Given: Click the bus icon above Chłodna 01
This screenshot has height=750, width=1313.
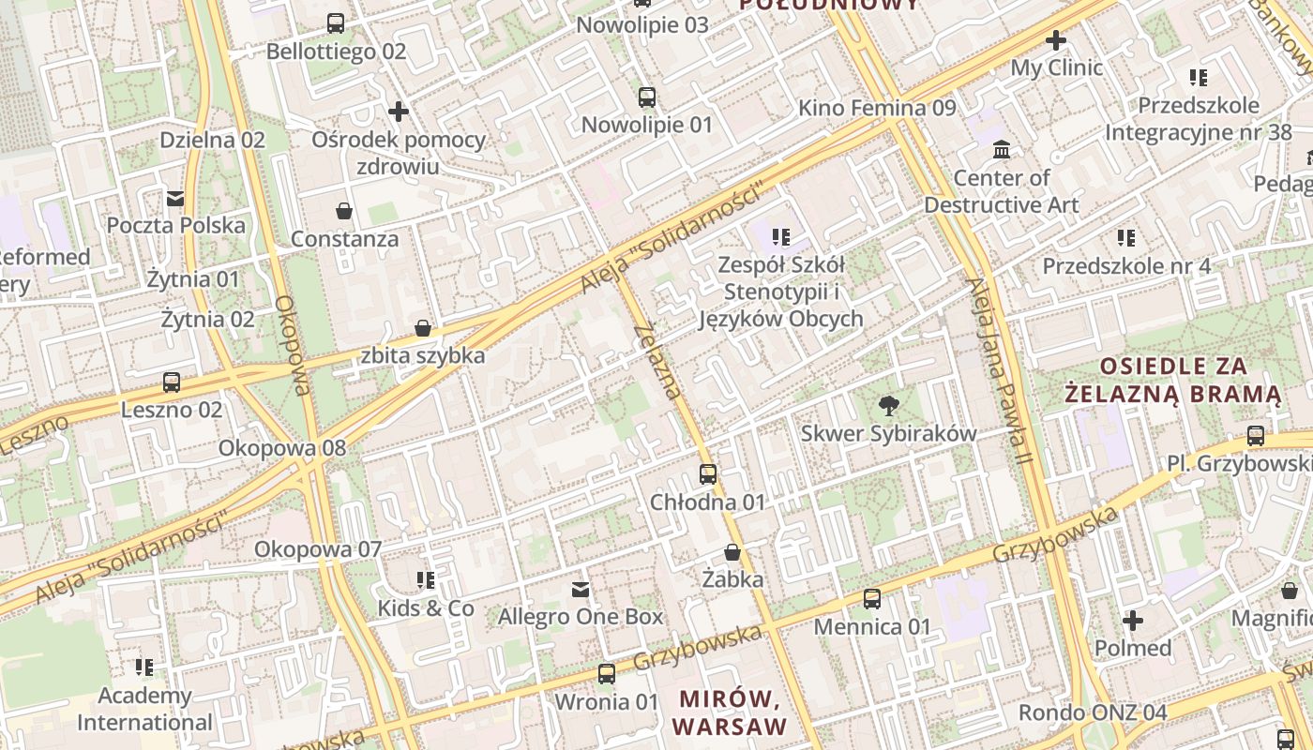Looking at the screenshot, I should [708, 474].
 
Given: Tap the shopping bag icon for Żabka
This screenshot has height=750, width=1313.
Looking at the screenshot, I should [732, 552].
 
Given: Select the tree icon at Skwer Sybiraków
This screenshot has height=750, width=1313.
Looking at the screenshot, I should [887, 406].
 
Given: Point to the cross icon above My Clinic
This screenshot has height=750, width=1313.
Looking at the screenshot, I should [1056, 40].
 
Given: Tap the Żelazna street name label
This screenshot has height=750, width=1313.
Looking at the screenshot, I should [657, 361].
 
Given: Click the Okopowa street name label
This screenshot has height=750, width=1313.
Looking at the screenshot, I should [293, 346].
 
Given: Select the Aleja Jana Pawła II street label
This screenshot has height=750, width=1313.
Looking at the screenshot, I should [1001, 371].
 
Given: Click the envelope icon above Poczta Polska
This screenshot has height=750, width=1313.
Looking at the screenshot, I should [175, 198].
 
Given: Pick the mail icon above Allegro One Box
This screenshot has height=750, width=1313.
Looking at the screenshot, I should [581, 590].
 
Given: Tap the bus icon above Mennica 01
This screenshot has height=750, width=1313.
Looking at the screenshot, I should [872, 599].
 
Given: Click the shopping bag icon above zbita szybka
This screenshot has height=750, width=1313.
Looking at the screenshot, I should [423, 328].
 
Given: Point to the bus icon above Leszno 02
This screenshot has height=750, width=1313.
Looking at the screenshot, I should [172, 382].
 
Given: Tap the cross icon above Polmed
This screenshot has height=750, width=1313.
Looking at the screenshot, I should [1133, 621].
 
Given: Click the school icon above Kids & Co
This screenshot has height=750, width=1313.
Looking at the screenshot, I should [426, 580].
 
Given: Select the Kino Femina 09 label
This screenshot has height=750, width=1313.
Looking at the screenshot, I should [877, 108].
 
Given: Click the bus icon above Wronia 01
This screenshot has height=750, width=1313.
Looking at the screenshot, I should [607, 674].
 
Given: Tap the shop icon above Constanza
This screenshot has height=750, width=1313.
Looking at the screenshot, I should [344, 211].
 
